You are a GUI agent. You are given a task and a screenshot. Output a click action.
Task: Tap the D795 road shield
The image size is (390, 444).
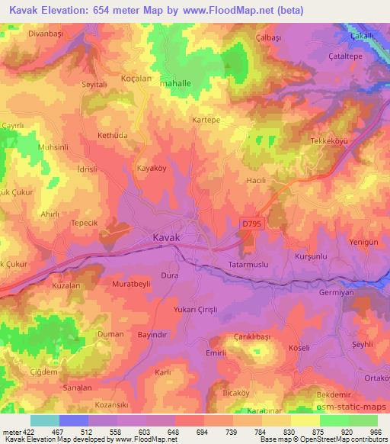pos(251,224)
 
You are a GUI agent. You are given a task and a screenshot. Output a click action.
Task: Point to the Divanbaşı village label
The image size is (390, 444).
pos(28,34)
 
